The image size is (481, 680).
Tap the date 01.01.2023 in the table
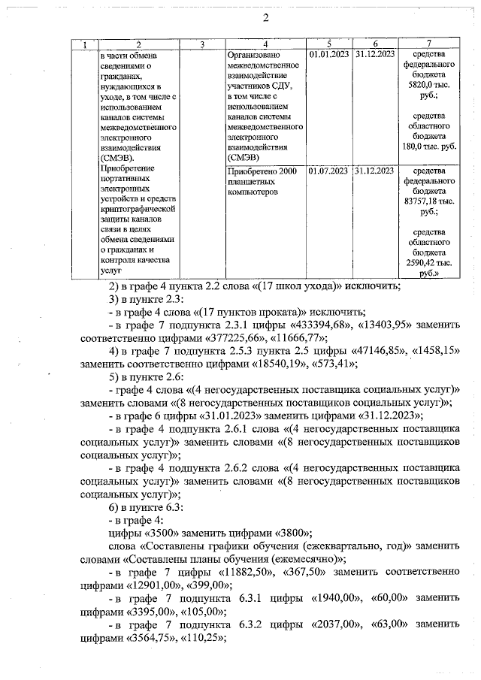click(328, 55)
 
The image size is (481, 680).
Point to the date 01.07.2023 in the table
click(328, 171)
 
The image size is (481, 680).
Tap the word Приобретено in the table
click(252, 172)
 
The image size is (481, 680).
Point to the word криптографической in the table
click(137, 207)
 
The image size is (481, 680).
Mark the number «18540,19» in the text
click(253, 364)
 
